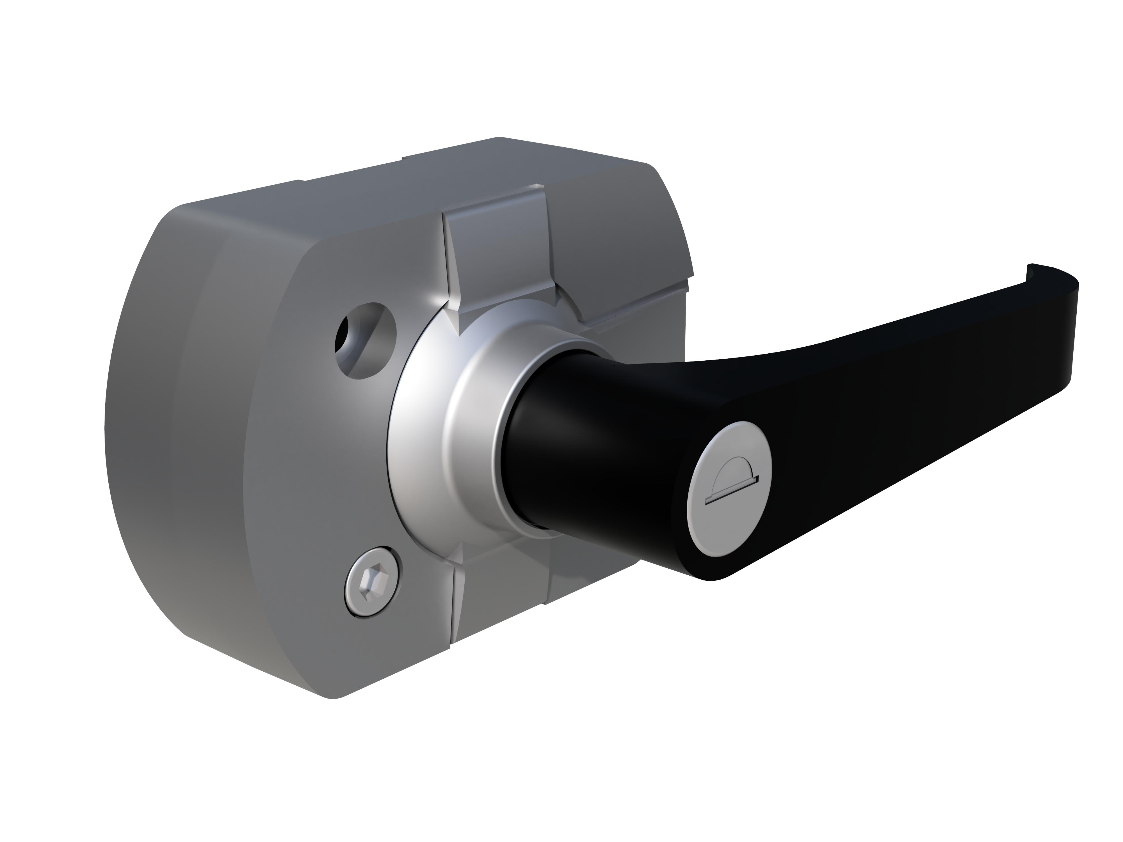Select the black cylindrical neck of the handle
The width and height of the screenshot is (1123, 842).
569,447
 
